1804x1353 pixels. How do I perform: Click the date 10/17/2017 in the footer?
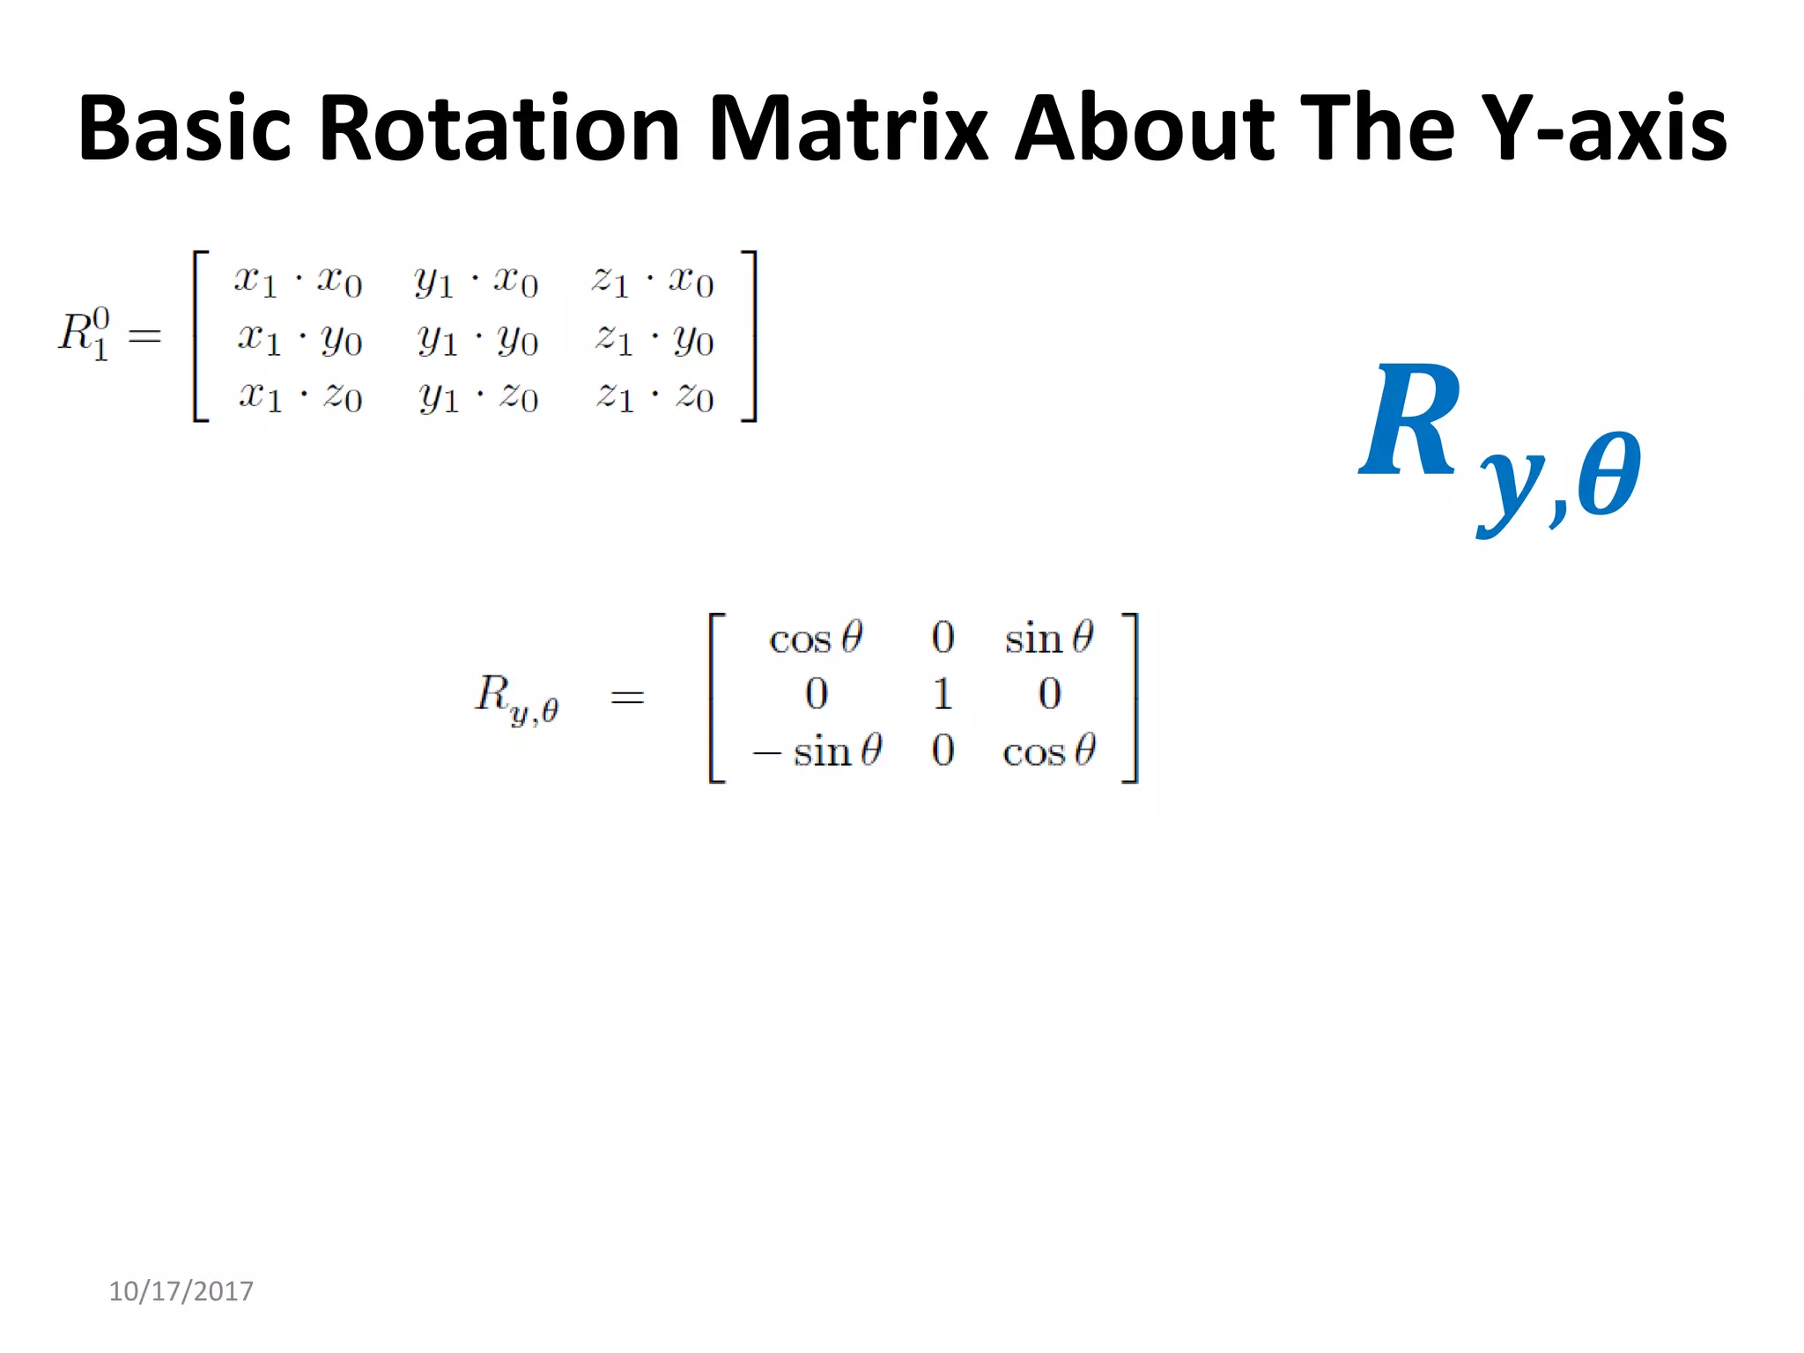click(x=181, y=1291)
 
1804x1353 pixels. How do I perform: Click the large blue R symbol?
click(x=1409, y=421)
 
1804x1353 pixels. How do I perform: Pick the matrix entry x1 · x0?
click(x=298, y=281)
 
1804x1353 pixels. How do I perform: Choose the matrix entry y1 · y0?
click(x=477, y=339)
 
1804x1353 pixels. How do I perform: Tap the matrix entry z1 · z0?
click(x=654, y=396)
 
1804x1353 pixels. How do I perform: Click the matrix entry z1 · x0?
click(x=652, y=281)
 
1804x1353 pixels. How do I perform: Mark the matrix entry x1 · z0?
click(x=299, y=396)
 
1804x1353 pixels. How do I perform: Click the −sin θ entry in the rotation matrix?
click(x=817, y=751)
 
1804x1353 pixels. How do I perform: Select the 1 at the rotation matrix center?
click(x=943, y=694)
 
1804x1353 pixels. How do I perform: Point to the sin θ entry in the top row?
click(x=1049, y=638)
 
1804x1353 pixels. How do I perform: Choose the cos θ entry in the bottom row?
click(x=1049, y=751)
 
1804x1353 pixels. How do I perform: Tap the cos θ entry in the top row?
click(x=816, y=638)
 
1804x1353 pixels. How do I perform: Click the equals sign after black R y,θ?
click(x=627, y=698)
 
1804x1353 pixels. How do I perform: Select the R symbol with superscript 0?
click(x=85, y=334)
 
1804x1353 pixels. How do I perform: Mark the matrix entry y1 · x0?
click(x=476, y=281)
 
